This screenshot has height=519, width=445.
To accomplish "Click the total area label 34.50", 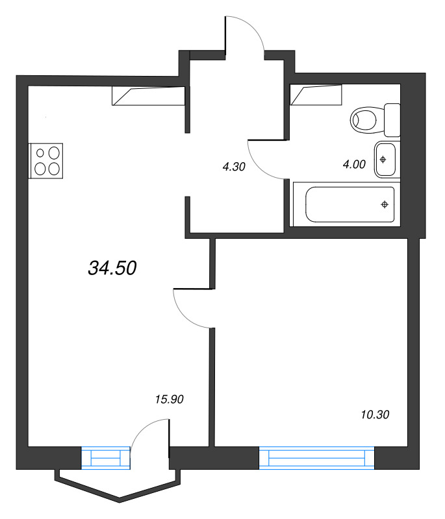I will click(112, 267).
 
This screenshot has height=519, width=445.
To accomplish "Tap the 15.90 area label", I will click(171, 400).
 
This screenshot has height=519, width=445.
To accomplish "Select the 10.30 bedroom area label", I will click(374, 413).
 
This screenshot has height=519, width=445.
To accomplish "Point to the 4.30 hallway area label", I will click(233, 167).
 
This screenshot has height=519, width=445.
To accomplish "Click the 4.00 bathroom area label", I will click(354, 165).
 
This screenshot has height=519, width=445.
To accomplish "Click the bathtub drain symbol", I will click(385, 205).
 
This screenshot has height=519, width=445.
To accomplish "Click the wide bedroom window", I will click(317, 457).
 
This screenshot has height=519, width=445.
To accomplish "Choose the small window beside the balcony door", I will click(106, 457).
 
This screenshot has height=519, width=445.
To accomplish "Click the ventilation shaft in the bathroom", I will click(316, 95).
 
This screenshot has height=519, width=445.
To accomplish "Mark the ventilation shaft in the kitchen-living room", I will click(148, 95).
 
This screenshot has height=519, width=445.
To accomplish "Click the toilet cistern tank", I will click(392, 119).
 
